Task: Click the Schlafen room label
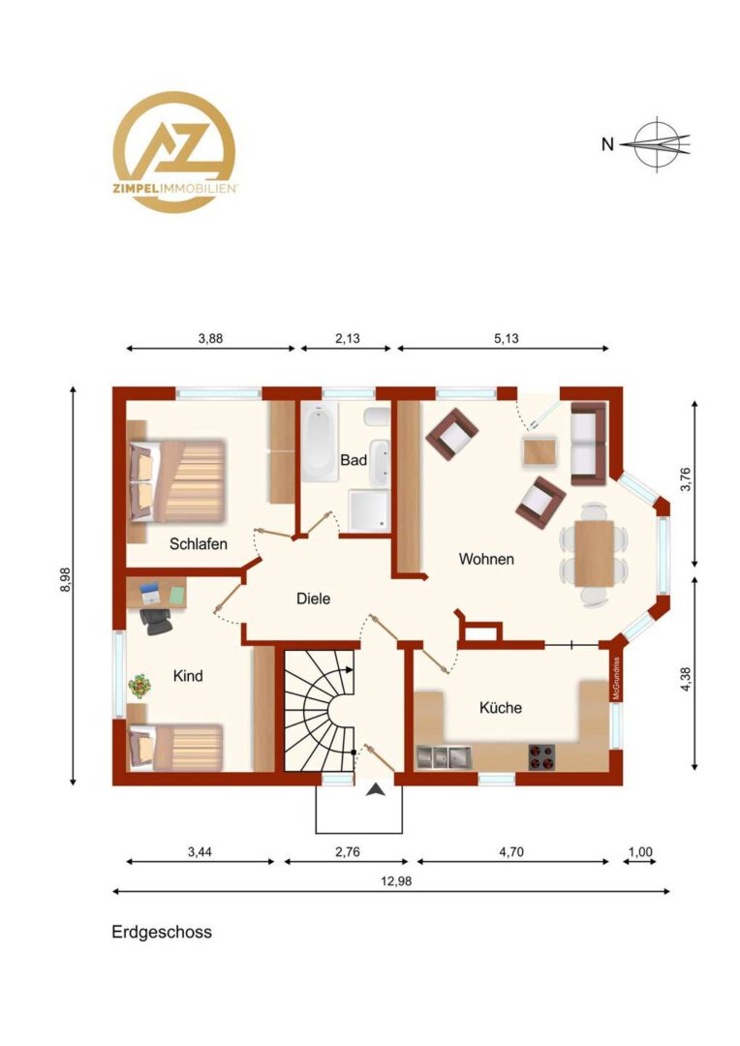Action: click(199, 543)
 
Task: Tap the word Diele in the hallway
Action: click(313, 599)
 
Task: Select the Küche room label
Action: click(501, 707)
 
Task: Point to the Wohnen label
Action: click(486, 559)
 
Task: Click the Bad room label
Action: click(353, 460)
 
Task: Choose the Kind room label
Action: click(188, 676)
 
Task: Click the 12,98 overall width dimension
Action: click(396, 881)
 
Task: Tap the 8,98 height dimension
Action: click(65, 579)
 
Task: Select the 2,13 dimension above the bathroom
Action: click(347, 338)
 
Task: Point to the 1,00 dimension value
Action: click(640, 852)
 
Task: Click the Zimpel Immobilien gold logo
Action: click(174, 152)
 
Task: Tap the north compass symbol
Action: click(656, 143)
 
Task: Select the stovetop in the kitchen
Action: click(541, 756)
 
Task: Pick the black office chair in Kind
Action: click(156, 622)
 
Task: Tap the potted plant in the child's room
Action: click(139, 686)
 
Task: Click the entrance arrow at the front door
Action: click(377, 790)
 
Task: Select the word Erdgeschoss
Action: click(162, 932)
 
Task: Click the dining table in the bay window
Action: click(594, 553)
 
